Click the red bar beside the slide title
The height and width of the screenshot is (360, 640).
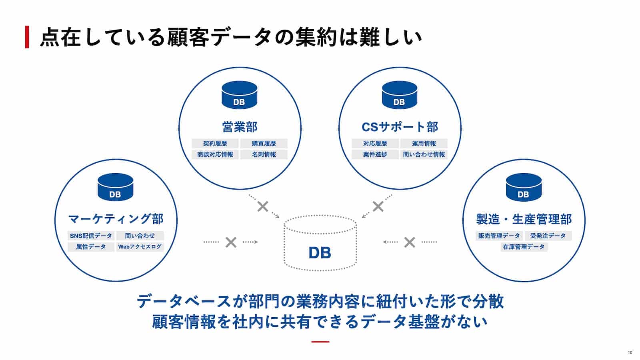coord(27,37)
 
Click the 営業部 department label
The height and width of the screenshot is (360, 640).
coord(240,127)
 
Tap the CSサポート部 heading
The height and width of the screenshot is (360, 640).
coord(400,127)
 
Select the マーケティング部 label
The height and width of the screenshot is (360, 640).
coord(116,219)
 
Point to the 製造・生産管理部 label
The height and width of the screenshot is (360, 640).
coord(524,219)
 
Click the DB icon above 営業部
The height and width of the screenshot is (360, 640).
coord(239,95)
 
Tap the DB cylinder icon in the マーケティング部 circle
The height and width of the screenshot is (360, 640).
coord(115,187)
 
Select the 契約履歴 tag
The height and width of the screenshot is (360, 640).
coord(215,143)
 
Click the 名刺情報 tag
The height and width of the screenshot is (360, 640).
coord(264,154)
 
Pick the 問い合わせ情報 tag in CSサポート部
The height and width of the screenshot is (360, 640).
coord(424,154)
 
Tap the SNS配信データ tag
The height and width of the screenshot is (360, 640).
coord(91,236)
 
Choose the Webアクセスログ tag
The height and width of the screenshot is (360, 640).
coord(140,247)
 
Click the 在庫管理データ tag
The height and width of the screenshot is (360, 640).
coord(524,247)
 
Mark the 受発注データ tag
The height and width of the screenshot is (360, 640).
coord(548,236)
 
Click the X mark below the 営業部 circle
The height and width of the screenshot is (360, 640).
coord(263,207)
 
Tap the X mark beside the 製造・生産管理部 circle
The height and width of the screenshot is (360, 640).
coord(409,242)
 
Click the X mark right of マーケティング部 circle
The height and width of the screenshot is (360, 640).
coord(231,242)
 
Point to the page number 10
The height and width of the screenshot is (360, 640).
coord(630,352)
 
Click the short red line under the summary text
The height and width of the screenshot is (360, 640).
coord(320,342)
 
